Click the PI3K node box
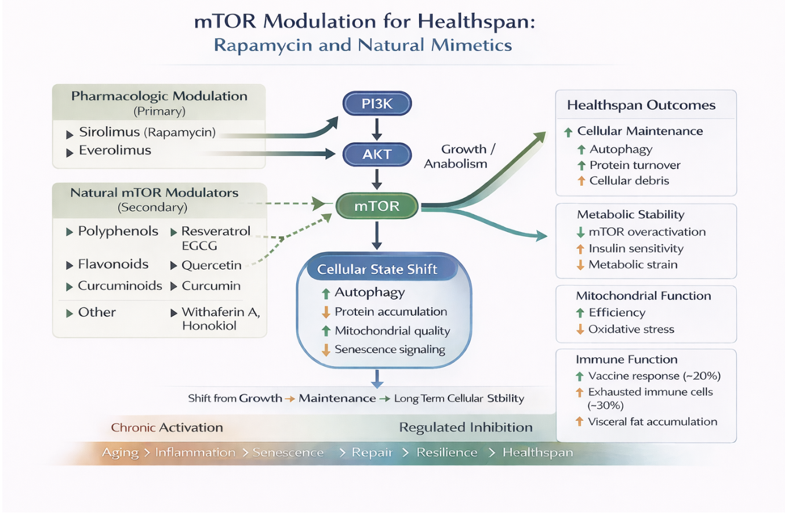click(x=377, y=104)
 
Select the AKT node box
click(x=377, y=154)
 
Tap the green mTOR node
click(x=377, y=205)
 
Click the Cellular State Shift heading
click(x=377, y=270)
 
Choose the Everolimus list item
click(x=115, y=151)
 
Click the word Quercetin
click(x=211, y=265)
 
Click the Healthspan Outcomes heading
click(x=641, y=106)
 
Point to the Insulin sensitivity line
click(x=635, y=248)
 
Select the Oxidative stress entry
click(x=631, y=329)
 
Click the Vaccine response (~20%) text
click(x=653, y=375)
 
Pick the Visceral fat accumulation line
click(x=652, y=422)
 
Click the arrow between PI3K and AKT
click(x=377, y=129)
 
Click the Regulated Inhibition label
click(x=466, y=428)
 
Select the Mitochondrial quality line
click(x=392, y=331)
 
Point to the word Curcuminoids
click(x=120, y=286)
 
